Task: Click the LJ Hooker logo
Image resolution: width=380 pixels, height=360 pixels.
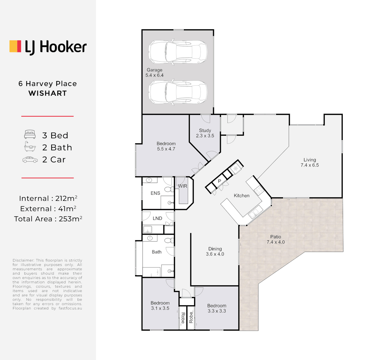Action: point(48,47)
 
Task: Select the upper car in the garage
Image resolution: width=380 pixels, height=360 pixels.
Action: point(178,52)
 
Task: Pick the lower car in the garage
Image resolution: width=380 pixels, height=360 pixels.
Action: point(178,92)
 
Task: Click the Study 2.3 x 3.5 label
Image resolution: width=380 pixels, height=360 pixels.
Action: point(205,133)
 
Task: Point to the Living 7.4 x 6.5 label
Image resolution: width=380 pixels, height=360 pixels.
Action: point(310,162)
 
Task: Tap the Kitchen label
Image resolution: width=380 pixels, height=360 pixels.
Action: point(241,196)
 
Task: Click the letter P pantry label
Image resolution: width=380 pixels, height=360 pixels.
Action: point(219,181)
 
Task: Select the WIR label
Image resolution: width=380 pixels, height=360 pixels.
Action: point(183,186)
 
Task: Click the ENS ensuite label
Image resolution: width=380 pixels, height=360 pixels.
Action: point(155,193)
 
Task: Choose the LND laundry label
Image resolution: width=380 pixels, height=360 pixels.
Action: point(158,218)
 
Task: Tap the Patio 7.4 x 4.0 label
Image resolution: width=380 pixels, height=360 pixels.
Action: point(276,240)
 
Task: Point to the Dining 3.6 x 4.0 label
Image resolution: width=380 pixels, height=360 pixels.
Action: point(215,251)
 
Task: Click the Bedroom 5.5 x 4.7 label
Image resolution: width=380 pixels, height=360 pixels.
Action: point(166,146)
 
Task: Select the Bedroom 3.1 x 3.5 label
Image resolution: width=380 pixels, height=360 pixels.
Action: point(160,306)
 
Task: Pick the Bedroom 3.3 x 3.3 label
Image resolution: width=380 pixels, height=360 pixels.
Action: point(216,308)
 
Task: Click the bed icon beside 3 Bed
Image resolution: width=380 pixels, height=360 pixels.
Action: point(30,135)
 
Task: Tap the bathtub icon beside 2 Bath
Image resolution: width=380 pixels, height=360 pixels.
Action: point(30,147)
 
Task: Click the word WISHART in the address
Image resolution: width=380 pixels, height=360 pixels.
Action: point(48,93)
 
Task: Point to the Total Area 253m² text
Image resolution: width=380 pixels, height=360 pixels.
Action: point(48,219)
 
